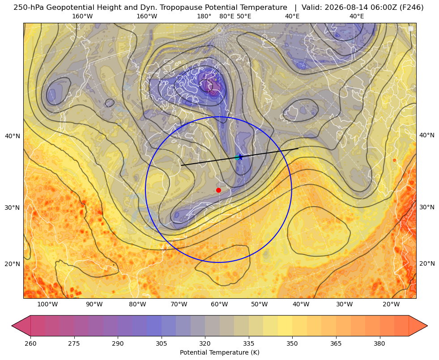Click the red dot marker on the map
coord(219,190)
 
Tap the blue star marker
coord(240,157)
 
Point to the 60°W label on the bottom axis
coord(219,305)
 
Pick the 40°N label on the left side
coord(13,136)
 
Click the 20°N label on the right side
coord(427,263)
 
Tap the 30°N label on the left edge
coord(13,208)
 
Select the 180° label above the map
coord(204,16)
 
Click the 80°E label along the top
coord(226,16)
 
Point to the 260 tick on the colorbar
coord(30,343)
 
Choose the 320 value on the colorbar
coord(205,343)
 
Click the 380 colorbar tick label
coord(379,343)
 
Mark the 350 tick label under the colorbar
coord(292,343)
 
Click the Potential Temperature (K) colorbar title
coord(219,352)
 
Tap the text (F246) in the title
coord(411,7)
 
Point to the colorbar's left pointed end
coord(12,326)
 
